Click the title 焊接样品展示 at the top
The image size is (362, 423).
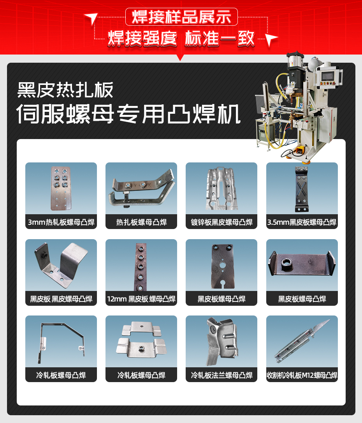click(181, 17)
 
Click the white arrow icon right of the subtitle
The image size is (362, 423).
click(271, 39)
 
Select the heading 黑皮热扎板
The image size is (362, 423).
click(65, 90)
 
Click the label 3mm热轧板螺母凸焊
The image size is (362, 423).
click(61, 222)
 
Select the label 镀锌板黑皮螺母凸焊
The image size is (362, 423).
click(221, 222)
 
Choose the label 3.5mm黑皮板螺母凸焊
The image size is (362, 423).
click(302, 222)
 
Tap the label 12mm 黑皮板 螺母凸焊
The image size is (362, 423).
click(141, 299)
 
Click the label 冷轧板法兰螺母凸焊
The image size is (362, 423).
click(221, 375)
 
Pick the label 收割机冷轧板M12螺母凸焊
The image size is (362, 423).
click(302, 375)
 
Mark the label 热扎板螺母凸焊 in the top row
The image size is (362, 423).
click(141, 222)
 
